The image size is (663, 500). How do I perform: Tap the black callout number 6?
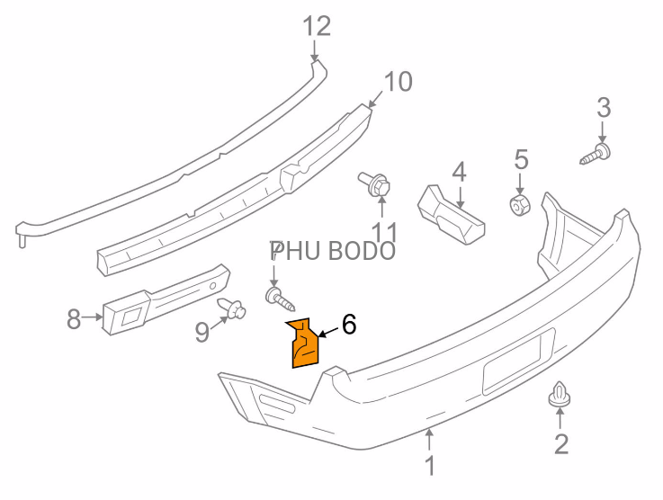(x=349, y=325)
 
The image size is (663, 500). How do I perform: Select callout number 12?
(x=317, y=26)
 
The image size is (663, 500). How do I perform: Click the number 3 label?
(x=604, y=107)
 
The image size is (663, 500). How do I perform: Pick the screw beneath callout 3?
(x=596, y=154)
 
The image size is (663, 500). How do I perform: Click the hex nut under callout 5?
(x=520, y=204)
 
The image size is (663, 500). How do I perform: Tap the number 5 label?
(x=521, y=160)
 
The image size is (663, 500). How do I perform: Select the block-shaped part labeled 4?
(x=452, y=215)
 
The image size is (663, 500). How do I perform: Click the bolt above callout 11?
(x=375, y=184)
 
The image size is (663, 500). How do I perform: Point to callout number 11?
(x=384, y=233)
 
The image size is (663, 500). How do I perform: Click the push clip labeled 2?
(x=560, y=395)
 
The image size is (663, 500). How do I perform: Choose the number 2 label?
(x=561, y=444)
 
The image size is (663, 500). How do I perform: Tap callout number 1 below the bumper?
(x=430, y=465)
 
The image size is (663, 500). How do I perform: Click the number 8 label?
(x=74, y=319)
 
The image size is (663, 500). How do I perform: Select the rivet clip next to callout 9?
(x=232, y=308)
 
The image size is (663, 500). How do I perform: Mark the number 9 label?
(x=202, y=332)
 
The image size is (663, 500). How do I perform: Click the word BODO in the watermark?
(x=362, y=251)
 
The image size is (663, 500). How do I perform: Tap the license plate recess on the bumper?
(x=519, y=362)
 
